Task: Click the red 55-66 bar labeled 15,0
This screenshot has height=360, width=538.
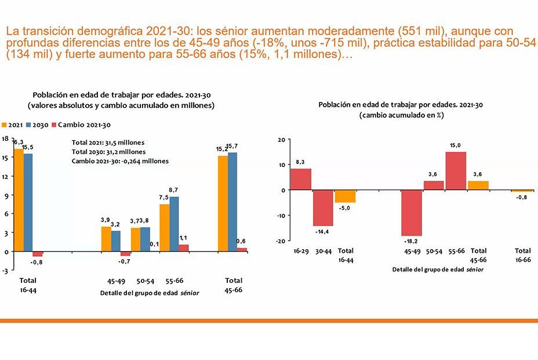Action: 456,170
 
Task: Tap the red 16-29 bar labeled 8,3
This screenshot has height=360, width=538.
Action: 301,179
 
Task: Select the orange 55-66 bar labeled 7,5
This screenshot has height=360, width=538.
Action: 164,228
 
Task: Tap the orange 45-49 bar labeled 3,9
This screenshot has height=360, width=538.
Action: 106,239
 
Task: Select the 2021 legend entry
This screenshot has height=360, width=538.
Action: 12,125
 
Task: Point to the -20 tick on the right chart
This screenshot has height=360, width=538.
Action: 281,241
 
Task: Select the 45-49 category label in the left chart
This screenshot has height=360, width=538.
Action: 116,281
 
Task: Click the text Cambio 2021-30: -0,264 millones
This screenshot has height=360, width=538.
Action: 120,161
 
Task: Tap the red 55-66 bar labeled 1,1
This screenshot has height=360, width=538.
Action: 184,248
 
